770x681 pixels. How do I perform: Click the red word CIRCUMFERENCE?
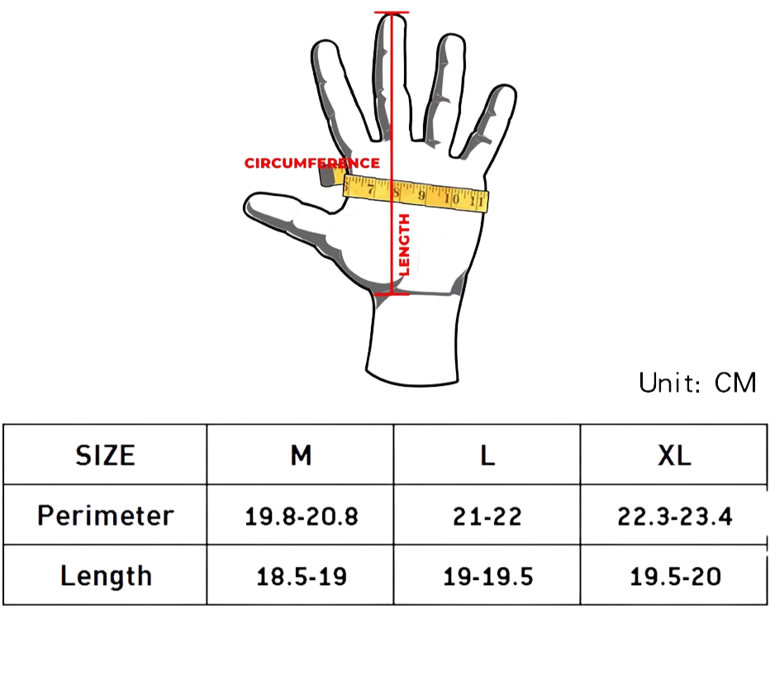click(x=311, y=163)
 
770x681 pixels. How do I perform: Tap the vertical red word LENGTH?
click(x=404, y=245)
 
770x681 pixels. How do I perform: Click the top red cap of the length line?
click(x=392, y=13)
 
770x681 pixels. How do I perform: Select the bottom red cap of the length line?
click(x=392, y=293)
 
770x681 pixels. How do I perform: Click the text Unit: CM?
click(x=696, y=383)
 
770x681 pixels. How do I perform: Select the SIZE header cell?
click(x=105, y=455)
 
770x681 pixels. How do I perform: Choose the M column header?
click(x=301, y=455)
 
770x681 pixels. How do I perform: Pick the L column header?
click(x=487, y=455)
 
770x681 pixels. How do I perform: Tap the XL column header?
click(x=674, y=455)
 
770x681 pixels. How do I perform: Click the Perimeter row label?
click(x=105, y=516)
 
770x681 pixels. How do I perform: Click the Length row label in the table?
click(x=105, y=576)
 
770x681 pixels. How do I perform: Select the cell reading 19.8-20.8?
click(x=301, y=517)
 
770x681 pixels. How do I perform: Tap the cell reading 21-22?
click(x=487, y=517)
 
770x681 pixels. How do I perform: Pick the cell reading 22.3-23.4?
click(x=674, y=517)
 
